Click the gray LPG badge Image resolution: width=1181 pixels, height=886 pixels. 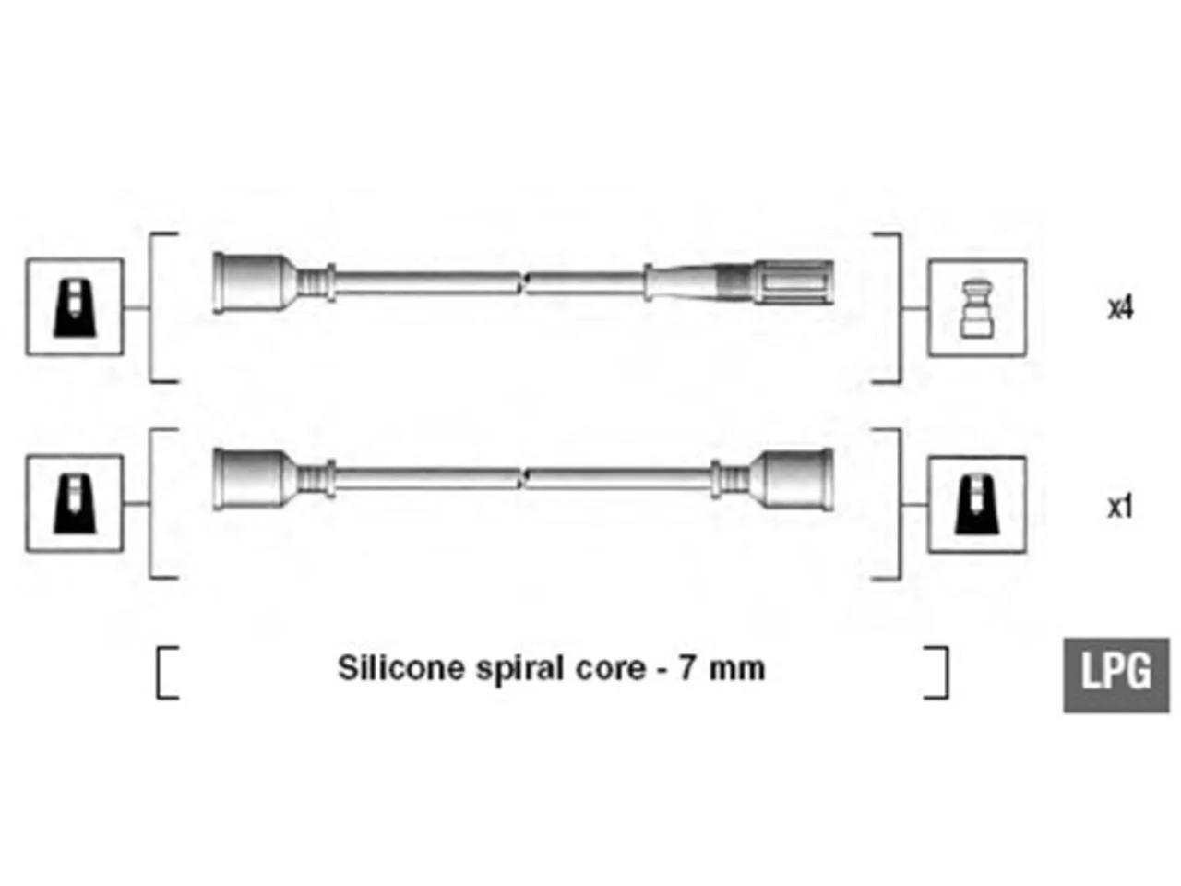pyautogui.click(x=1115, y=676)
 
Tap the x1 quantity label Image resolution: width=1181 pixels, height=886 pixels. pyautogui.click(x=1120, y=506)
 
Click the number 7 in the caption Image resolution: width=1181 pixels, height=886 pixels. pyautogui.click(x=687, y=669)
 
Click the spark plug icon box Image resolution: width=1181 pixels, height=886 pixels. pyautogui.click(x=977, y=307)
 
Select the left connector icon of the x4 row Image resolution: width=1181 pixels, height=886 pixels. pyautogui.click(x=74, y=306)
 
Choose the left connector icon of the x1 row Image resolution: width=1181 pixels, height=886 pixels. pyautogui.click(x=74, y=504)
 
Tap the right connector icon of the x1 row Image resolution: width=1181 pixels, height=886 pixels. pyautogui.click(x=977, y=505)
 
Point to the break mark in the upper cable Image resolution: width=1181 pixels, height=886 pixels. pyautogui.click(x=523, y=282)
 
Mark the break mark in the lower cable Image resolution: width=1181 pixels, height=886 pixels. pyautogui.click(x=523, y=479)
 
